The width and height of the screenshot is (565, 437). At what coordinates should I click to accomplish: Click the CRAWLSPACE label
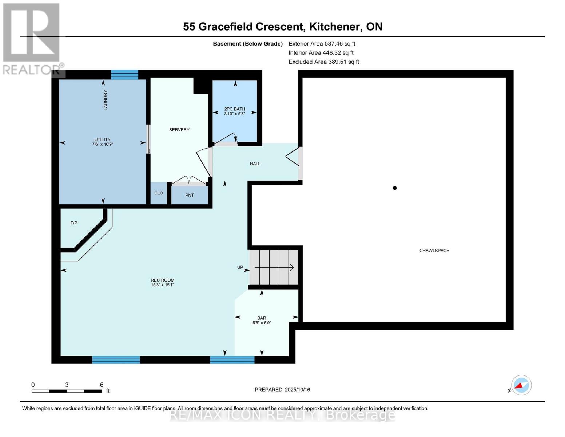(x=434, y=251)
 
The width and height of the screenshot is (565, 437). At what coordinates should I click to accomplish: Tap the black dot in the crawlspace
(x=394, y=188)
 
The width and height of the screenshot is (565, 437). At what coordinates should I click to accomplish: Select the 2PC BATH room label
(x=235, y=109)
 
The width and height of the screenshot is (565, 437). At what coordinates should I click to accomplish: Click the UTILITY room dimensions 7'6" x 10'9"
(x=103, y=144)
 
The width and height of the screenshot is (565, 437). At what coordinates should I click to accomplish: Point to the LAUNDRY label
(x=106, y=100)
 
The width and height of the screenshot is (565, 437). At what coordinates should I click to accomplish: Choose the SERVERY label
(x=179, y=130)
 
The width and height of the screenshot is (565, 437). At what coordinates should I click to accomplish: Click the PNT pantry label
(x=190, y=195)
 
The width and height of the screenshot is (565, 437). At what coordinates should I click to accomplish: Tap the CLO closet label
(x=159, y=193)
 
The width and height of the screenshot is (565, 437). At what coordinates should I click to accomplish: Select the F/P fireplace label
(x=74, y=223)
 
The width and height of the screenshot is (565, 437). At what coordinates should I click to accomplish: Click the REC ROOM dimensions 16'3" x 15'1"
(x=163, y=285)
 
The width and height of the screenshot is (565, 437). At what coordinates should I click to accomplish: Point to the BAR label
(x=262, y=318)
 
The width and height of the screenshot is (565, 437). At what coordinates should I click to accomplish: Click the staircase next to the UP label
(x=274, y=267)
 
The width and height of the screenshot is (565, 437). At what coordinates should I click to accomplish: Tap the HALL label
(x=255, y=164)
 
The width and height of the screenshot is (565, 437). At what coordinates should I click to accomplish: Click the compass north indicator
(x=521, y=385)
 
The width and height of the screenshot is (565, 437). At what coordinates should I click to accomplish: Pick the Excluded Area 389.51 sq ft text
(x=324, y=62)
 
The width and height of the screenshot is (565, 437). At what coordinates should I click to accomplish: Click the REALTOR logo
(x=31, y=38)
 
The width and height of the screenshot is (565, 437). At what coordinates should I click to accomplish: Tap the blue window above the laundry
(x=124, y=75)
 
